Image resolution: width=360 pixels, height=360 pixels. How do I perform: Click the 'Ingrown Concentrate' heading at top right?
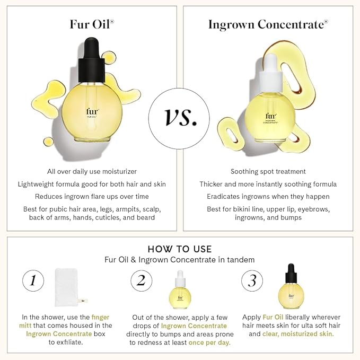(x=268, y=24)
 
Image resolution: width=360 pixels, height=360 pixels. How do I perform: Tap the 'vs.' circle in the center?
(x=180, y=116)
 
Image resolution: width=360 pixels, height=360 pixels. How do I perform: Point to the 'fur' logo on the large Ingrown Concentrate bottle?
(x=270, y=116)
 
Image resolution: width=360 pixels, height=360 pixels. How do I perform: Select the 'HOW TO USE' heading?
(x=180, y=249)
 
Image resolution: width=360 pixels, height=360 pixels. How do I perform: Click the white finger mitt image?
(x=70, y=287)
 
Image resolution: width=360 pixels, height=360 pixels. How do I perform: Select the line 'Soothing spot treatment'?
(x=268, y=171)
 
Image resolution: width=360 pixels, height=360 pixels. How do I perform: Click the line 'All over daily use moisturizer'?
(x=92, y=171)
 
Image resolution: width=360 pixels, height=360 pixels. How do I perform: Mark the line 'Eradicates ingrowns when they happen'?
(x=268, y=197)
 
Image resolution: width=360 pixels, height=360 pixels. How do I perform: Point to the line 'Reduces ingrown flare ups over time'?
(x=92, y=197)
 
